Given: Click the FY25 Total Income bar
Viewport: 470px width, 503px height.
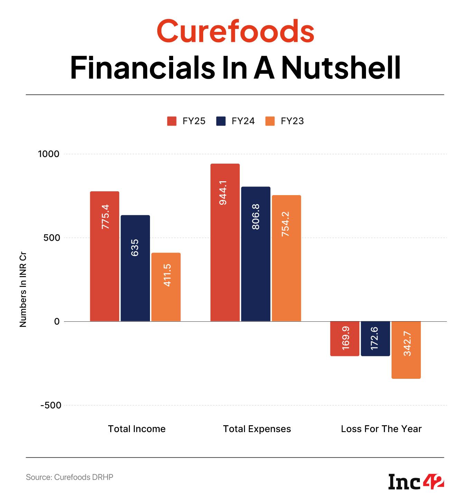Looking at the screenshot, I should (x=104, y=256).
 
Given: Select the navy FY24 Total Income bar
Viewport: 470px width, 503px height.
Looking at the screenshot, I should (x=135, y=268).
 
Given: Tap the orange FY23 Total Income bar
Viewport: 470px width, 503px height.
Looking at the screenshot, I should (x=166, y=287).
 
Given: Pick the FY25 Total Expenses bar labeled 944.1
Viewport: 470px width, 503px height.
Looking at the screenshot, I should (x=225, y=242).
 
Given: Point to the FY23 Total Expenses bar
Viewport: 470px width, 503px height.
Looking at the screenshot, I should (x=286, y=258).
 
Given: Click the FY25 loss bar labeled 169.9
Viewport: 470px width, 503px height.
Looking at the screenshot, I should (x=345, y=338).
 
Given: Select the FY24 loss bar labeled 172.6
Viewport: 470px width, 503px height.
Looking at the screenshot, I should (x=375, y=338).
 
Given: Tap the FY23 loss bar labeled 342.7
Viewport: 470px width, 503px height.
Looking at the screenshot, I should (x=406, y=350).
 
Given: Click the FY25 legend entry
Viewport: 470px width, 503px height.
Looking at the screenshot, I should (x=187, y=121).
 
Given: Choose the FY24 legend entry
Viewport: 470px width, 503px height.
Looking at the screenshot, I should (x=236, y=121).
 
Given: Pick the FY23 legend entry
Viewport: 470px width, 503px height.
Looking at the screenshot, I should (x=285, y=121).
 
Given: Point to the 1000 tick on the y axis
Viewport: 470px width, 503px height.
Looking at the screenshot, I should (x=49, y=154).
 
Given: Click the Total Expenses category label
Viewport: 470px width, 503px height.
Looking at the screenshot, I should (x=257, y=429).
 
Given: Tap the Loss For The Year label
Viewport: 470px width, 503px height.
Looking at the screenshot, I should (x=381, y=429).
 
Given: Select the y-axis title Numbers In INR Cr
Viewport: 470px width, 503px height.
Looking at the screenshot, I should (x=23, y=291).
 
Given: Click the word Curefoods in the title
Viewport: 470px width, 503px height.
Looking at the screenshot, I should (x=235, y=31).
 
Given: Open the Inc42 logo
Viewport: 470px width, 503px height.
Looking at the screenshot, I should (x=416, y=482).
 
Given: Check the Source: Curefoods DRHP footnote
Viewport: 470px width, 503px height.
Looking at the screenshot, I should (x=69, y=477).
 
